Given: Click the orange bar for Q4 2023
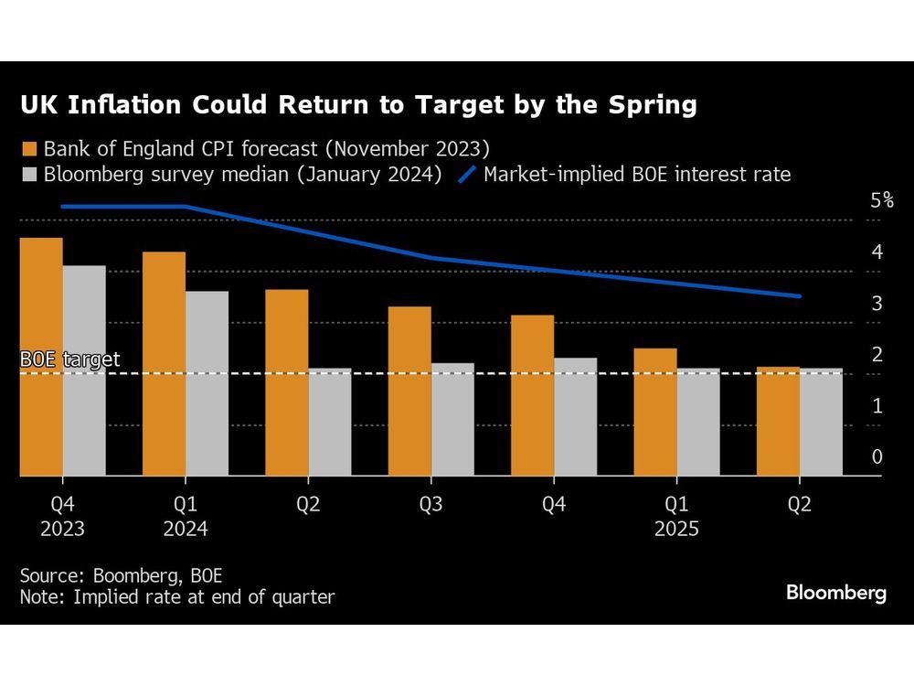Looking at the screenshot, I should click(x=41, y=357).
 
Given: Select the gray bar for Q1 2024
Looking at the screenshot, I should click(x=207, y=384).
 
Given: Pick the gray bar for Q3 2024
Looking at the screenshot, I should click(x=452, y=420).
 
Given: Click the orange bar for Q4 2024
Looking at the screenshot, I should click(x=532, y=395).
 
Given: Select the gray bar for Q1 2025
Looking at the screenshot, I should click(x=698, y=423).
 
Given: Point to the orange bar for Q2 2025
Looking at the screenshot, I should click(x=778, y=422).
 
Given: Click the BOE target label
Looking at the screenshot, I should click(x=69, y=359).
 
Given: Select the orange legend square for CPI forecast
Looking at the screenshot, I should click(x=29, y=148).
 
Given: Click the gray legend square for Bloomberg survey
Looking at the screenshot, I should click(x=29, y=174).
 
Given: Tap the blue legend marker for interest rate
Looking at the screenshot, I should click(x=468, y=174).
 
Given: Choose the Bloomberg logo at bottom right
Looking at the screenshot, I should click(x=836, y=593).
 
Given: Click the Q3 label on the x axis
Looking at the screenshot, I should click(x=431, y=505).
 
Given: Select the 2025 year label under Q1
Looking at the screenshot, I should click(x=677, y=529).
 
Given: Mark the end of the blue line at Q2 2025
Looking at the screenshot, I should click(x=800, y=296).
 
